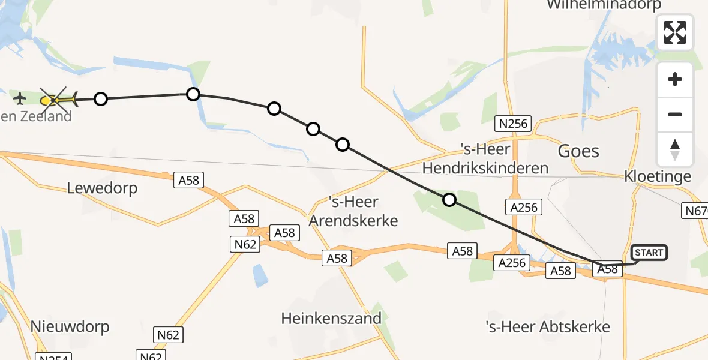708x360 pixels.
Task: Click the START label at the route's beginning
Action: coord(649,253)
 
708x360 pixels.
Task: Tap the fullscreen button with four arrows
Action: coord(675,32)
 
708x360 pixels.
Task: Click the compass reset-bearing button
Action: coord(675,149)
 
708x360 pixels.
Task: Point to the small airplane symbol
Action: coord(20,97)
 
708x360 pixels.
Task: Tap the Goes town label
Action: coord(578,151)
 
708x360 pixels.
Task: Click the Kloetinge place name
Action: coord(658,176)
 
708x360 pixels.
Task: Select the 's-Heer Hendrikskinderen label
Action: coord(485,158)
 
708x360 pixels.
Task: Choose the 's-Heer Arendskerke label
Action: coord(353,211)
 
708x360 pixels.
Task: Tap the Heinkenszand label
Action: coord(331,318)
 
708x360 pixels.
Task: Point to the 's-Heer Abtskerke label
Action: coord(548,326)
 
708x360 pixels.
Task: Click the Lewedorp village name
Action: coord(102,188)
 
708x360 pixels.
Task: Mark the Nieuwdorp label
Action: coord(70,326)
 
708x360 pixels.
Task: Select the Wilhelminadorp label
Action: coord(604,5)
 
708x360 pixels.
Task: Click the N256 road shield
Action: coord(512,124)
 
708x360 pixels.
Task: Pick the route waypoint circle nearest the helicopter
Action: coord(101,99)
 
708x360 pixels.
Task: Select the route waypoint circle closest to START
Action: coord(449,200)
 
